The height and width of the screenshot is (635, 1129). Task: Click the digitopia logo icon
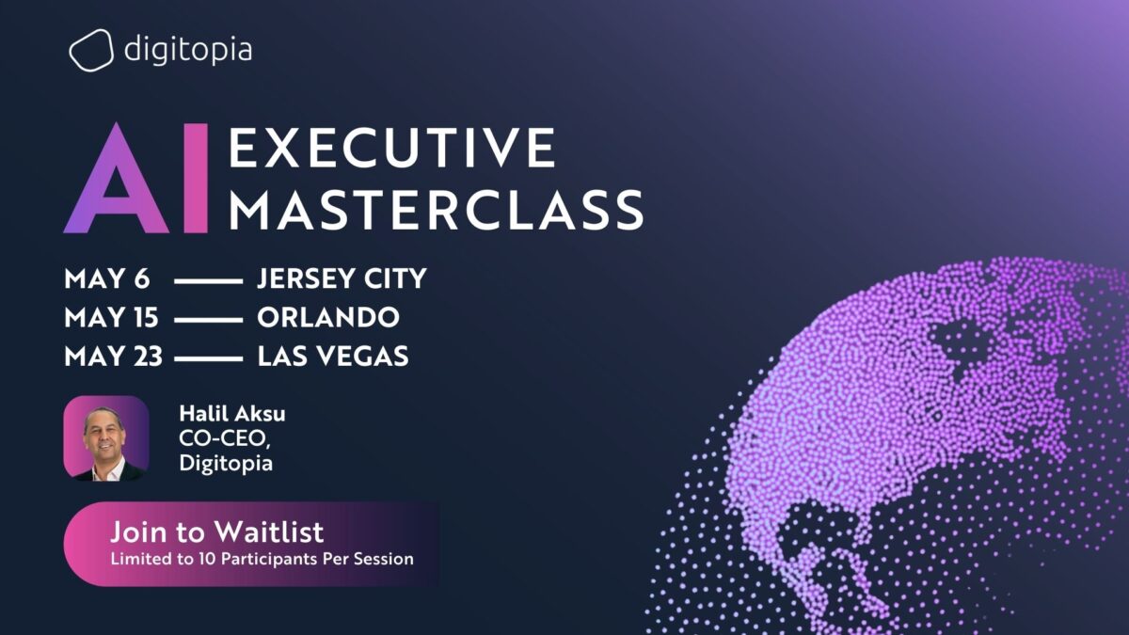coord(91,50)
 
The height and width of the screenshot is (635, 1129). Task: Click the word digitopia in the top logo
coord(187,48)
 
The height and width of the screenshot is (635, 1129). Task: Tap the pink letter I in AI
coord(196,179)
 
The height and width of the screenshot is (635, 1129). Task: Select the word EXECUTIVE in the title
coord(392,147)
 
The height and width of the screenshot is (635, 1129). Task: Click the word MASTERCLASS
coord(436,210)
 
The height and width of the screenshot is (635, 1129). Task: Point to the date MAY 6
coord(107,279)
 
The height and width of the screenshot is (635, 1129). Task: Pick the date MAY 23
coord(114,357)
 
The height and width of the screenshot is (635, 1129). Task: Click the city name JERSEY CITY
coord(342,279)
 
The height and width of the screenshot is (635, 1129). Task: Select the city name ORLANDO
coord(327,318)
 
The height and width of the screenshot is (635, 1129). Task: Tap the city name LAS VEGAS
coord(332,357)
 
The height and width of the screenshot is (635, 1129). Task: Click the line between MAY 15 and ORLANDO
coord(208,320)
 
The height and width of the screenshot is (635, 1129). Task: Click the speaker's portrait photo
coord(106,438)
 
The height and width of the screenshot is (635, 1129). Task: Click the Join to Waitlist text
coord(216,532)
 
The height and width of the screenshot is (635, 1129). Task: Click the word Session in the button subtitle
coord(385,559)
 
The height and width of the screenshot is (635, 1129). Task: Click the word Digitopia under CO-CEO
coord(225,463)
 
